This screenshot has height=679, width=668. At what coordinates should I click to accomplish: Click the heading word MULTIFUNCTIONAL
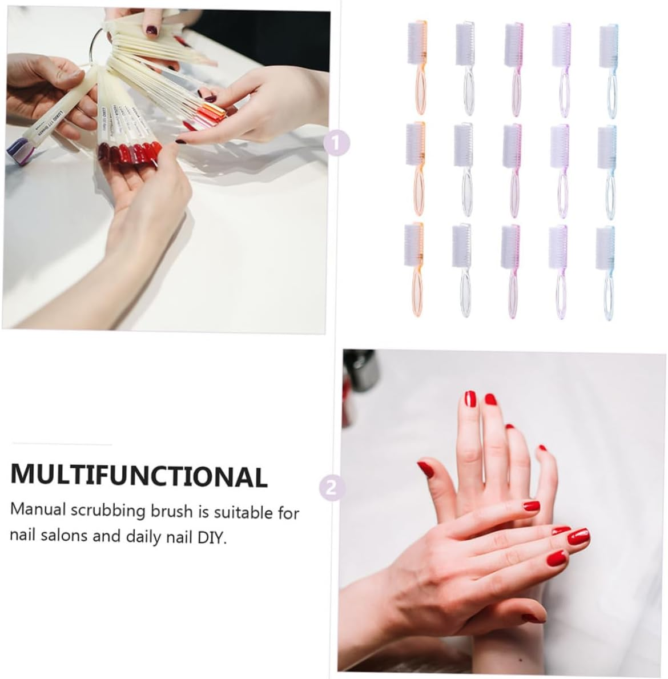(139, 475)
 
